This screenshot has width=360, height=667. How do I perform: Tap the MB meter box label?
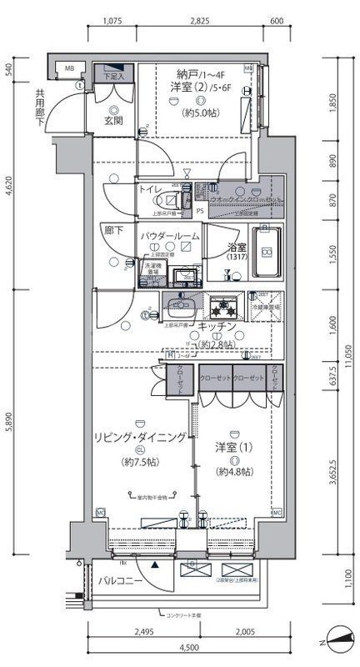(70, 68)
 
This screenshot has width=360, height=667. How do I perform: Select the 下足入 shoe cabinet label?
(114, 77)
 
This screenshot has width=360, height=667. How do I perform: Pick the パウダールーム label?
(169, 237)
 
